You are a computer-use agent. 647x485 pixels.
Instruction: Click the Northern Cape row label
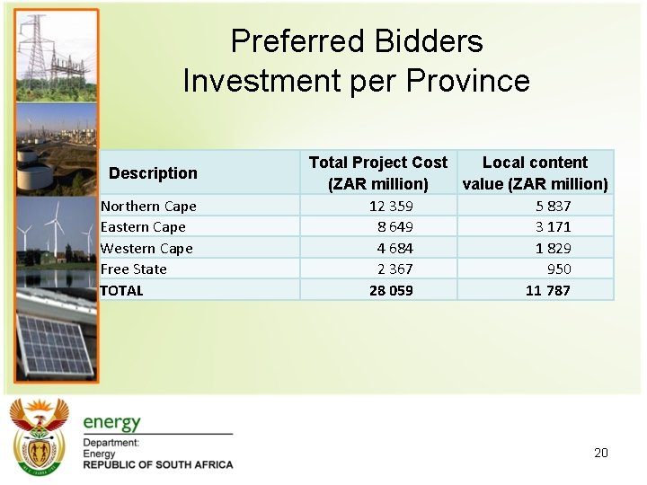point(148,206)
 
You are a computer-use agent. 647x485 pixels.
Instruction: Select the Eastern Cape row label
point(143,227)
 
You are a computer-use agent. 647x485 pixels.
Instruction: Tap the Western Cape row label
point(146,248)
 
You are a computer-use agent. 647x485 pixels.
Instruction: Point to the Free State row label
point(133,269)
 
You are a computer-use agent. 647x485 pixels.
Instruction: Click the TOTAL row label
point(121,290)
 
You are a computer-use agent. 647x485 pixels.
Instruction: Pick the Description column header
point(153,173)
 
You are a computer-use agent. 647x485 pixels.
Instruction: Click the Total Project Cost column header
point(377,172)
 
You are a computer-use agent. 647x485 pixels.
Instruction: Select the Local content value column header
point(535,172)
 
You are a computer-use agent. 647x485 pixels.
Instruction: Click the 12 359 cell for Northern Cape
point(391,206)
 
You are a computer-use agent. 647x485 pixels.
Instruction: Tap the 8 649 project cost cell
point(395,227)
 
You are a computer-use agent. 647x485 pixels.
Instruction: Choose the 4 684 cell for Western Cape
point(395,248)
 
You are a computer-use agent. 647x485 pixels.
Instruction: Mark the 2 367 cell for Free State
point(395,269)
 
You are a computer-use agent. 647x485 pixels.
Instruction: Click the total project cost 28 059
point(391,290)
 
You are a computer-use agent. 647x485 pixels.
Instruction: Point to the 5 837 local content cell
point(553,206)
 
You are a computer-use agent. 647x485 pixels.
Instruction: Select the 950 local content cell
point(559,269)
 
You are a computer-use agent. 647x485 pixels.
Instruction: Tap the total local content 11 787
point(548,290)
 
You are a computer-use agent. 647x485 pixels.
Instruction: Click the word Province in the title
point(467,81)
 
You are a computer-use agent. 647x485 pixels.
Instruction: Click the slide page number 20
point(601,453)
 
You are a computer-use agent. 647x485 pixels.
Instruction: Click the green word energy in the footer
point(111,422)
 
